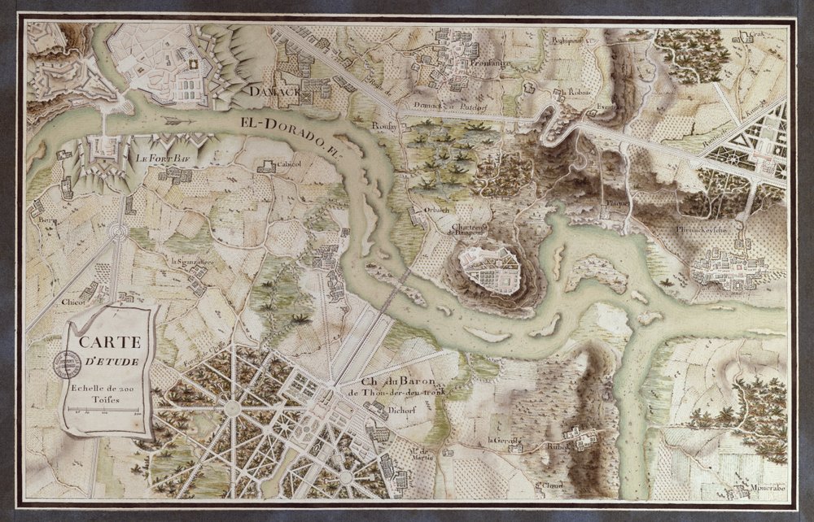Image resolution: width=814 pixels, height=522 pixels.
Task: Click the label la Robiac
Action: pyautogui.click(x=575, y=92)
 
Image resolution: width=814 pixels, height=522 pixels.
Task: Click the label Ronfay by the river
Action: pyautogui.click(x=383, y=127)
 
